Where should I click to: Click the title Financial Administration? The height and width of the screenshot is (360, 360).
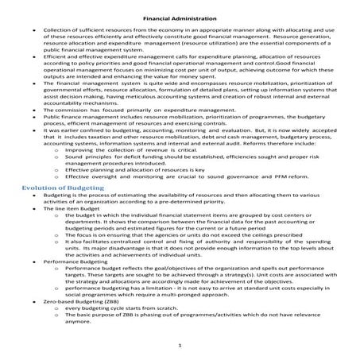tap(180, 15)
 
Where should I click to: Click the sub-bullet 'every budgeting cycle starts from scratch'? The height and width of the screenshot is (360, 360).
tap(120, 306)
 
